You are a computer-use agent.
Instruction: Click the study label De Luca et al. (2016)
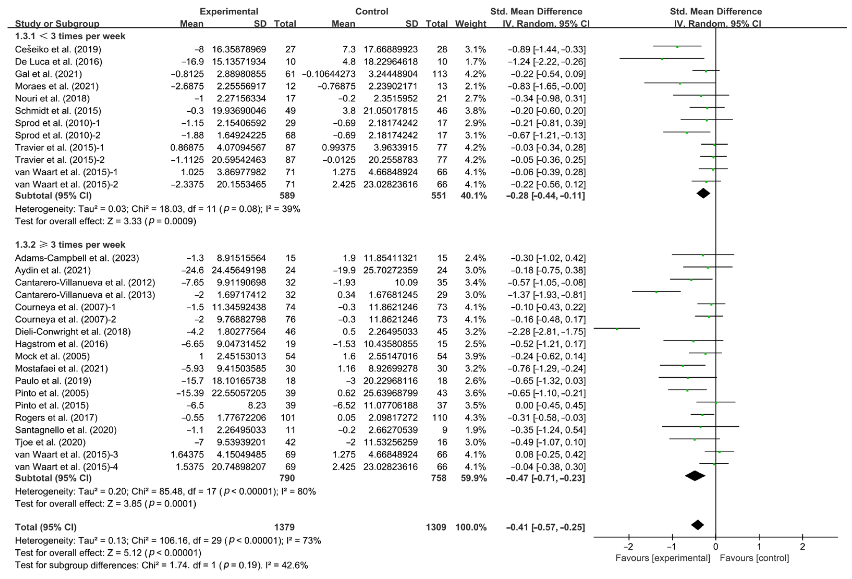tap(59, 62)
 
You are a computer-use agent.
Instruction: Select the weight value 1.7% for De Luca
tap(475, 62)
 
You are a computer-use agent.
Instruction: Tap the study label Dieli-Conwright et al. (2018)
tap(73, 332)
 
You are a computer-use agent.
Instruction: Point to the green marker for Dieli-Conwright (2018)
tap(617, 329)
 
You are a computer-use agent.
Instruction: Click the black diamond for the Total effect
tap(697, 525)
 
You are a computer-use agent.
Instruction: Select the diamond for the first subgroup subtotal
tap(703, 193)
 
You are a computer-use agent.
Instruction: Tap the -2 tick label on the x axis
tap(628, 547)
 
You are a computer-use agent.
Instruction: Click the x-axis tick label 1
tap(759, 547)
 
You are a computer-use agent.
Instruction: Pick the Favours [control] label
tap(754, 558)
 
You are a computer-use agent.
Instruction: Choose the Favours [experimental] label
tap(662, 558)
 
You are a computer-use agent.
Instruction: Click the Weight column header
tap(470, 24)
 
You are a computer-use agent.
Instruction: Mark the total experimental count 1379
tap(285, 527)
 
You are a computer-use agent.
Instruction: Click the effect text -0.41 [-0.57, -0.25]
tap(546, 527)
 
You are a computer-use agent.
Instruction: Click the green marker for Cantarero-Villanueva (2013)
tap(656, 292)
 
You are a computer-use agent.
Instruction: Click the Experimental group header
tap(229, 11)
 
